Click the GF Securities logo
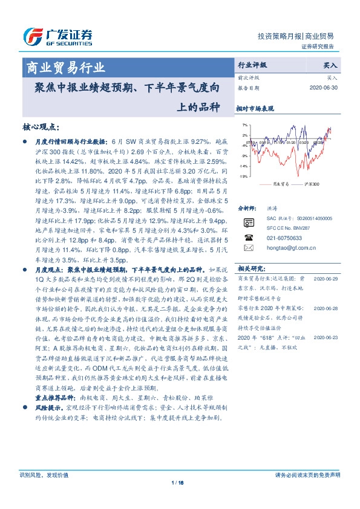[x=57, y=37]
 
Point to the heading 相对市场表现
[x=255, y=109]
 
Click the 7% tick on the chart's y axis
[x=244, y=125]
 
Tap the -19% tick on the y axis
[x=243, y=177]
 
